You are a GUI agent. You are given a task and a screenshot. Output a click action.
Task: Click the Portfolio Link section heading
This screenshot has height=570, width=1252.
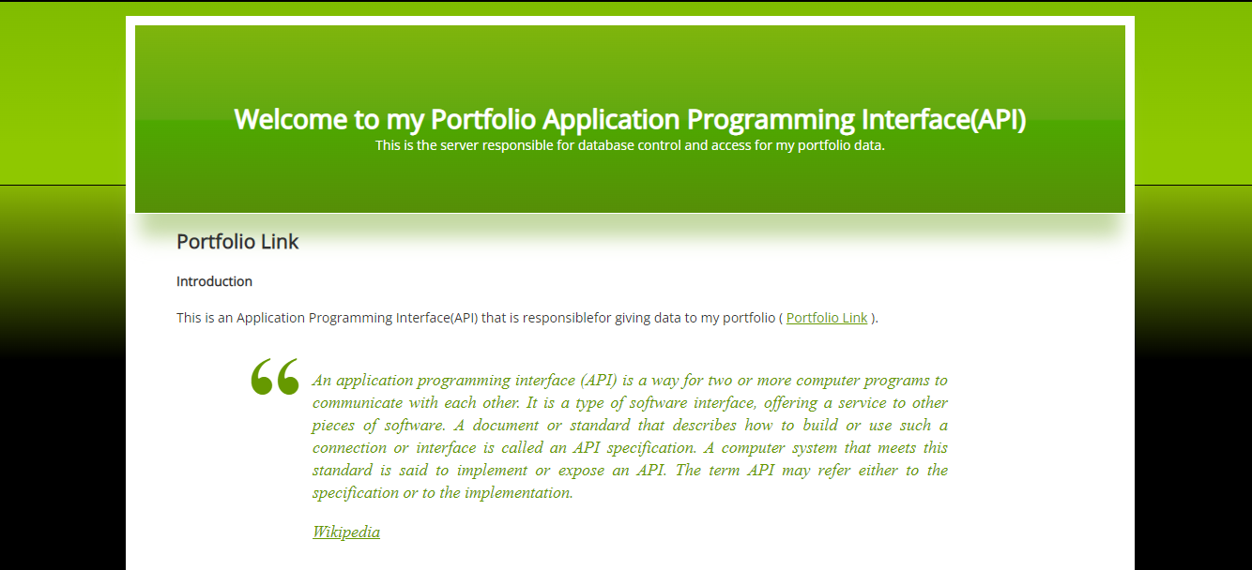tap(237, 242)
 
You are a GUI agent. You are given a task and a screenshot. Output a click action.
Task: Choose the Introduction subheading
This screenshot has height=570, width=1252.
tap(214, 281)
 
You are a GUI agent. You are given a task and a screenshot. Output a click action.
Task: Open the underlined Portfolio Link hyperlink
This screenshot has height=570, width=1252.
tap(827, 318)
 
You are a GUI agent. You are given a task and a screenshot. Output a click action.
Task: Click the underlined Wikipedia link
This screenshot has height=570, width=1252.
tap(346, 532)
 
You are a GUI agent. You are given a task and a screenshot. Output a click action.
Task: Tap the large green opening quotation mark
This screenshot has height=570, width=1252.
tap(274, 377)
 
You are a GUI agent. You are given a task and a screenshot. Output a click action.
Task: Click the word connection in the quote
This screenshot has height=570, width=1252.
tap(349, 448)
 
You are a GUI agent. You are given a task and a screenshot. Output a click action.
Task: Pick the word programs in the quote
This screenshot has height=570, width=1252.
tap(859, 381)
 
